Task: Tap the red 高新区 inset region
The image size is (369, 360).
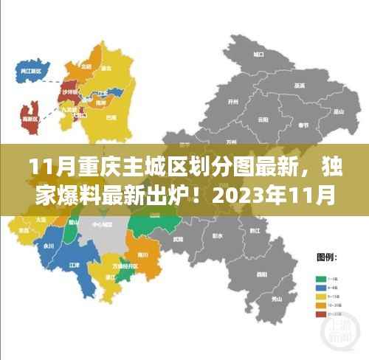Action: pos(31,116)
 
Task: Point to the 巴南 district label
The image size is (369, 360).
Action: pos(111,116)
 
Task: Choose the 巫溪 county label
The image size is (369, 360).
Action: pos(298,86)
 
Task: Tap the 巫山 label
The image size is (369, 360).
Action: pos(339,112)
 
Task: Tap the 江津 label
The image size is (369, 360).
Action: pos(75,264)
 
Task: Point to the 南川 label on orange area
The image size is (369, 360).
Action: pos(143,255)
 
